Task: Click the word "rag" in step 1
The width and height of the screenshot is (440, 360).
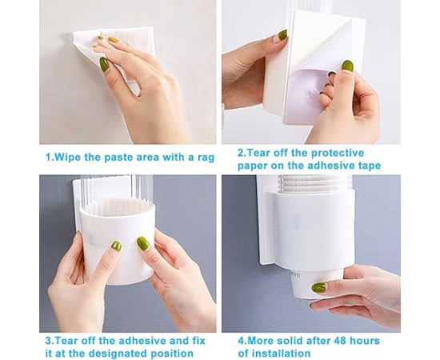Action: pos(206,158)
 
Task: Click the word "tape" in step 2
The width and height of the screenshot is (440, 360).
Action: pos(369,166)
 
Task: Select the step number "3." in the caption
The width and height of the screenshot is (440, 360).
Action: pos(49,341)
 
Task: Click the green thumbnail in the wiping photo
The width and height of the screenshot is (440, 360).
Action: pos(104,64)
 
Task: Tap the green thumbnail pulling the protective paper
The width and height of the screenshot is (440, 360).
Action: pos(347,66)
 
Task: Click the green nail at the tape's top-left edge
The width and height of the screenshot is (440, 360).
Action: pos(282,34)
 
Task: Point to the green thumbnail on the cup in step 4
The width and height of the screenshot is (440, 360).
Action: pos(319,287)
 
